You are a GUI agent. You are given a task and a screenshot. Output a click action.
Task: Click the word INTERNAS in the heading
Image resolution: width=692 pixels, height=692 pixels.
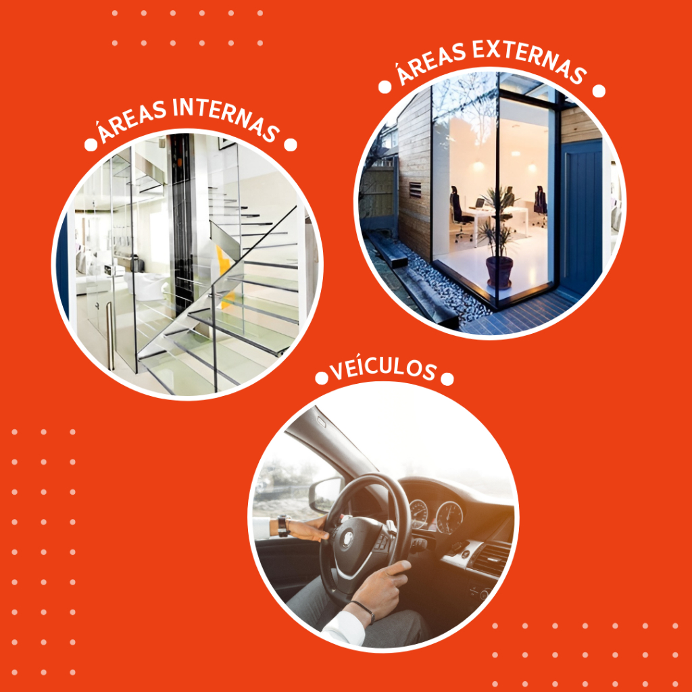click(x=226, y=117)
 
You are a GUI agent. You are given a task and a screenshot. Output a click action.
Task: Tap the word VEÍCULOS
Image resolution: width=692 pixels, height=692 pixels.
click(x=383, y=370)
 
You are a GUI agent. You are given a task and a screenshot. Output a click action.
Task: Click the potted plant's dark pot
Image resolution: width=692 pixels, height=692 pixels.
click(x=499, y=272)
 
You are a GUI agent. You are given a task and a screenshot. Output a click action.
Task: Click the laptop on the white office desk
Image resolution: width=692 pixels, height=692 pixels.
click(x=479, y=204)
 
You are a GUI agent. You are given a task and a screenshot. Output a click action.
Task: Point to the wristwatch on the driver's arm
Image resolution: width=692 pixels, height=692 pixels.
click(x=283, y=526)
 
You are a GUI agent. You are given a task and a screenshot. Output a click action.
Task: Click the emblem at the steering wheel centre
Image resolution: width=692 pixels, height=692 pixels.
click(x=348, y=538)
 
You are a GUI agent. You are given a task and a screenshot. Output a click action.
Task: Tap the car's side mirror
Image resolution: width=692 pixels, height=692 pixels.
click(x=326, y=494)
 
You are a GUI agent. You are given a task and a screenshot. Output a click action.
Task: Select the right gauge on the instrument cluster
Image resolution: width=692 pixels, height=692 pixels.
click(x=449, y=517)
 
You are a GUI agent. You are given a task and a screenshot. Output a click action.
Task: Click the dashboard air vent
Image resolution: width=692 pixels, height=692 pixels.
click(x=491, y=559)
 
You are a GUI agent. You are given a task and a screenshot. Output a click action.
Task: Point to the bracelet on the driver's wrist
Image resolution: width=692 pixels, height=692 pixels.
click(x=363, y=610)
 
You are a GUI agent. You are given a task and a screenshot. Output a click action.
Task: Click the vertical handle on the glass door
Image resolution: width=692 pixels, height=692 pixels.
click(x=110, y=335)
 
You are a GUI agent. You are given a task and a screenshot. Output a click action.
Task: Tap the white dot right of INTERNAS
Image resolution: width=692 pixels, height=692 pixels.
click(x=291, y=145)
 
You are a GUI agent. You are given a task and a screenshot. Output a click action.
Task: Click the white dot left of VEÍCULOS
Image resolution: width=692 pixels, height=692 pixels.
click(x=322, y=378)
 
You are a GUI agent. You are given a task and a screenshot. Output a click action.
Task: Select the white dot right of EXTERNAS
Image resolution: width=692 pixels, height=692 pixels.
click(x=599, y=91)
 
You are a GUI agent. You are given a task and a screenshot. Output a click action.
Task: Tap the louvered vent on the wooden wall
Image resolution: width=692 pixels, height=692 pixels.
click(x=415, y=189)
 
